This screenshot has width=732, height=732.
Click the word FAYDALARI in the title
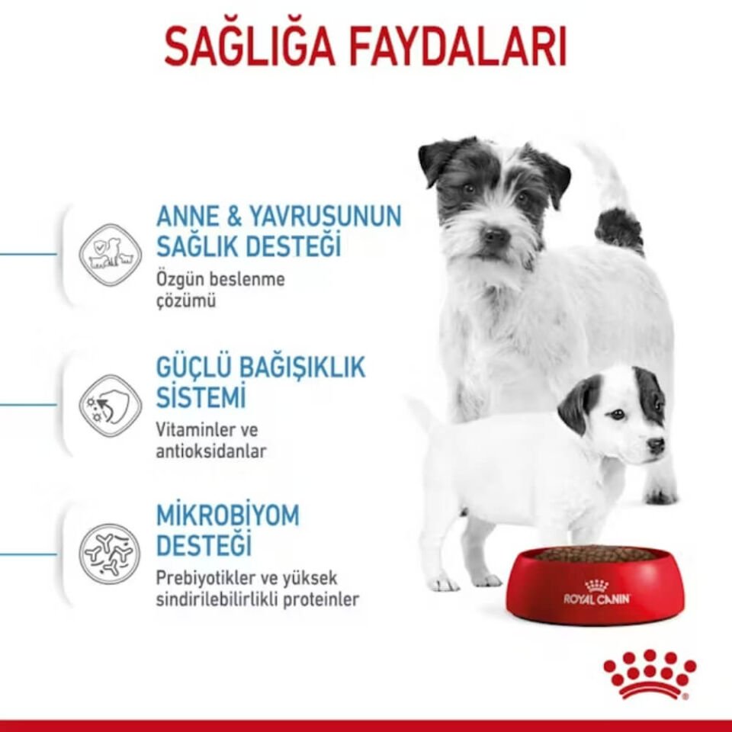click(x=457, y=47)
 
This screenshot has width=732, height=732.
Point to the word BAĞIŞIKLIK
click(x=303, y=368)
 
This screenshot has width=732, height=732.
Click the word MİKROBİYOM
click(x=227, y=515)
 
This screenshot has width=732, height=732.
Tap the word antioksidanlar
click(x=211, y=451)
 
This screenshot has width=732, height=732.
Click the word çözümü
click(x=186, y=301)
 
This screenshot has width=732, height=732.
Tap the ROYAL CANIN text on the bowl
click(x=597, y=599)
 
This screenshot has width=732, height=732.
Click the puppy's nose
click(x=656, y=446)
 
